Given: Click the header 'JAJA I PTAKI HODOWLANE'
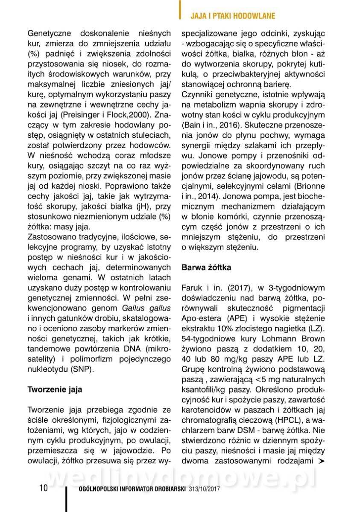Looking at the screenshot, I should tap(232, 16).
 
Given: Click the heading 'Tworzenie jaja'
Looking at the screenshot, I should tap(55, 390).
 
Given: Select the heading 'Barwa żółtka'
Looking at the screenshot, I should tap(207, 268).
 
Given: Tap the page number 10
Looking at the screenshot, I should tap(44, 488).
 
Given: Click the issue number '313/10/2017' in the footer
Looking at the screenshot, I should tap(204, 489).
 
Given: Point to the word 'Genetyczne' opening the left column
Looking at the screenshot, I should tap(48, 32).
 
